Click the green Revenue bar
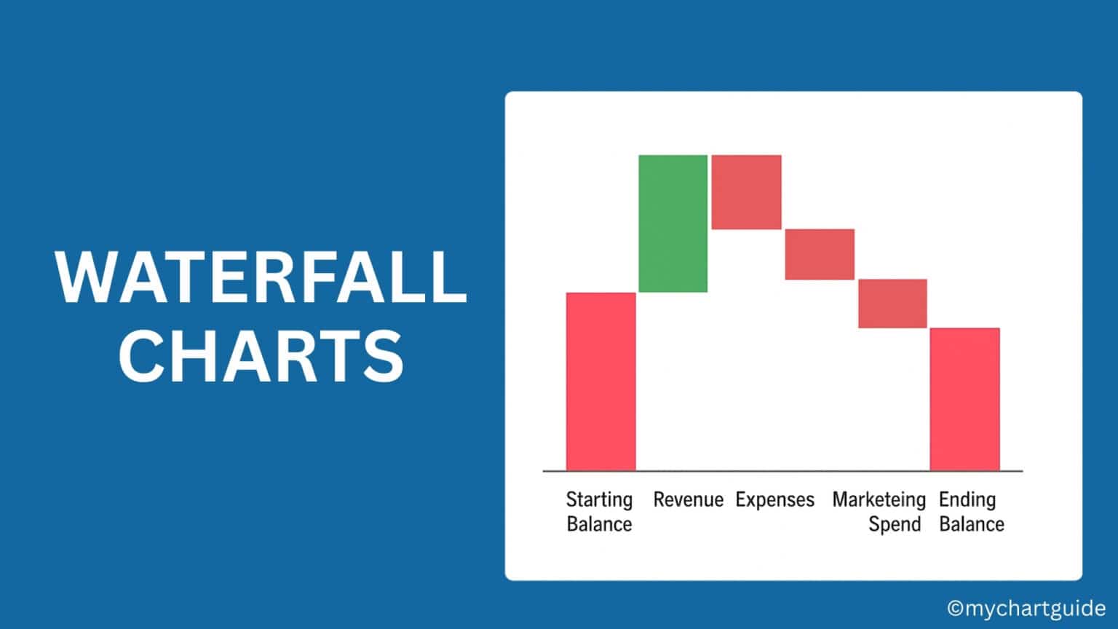coord(673,223)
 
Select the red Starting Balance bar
coord(600,381)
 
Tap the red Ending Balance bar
coord(964,399)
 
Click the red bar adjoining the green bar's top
coord(746,191)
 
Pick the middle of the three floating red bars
coord(819,254)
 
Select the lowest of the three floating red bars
coord(892,304)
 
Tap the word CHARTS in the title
coord(261,356)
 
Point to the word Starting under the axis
coord(599,500)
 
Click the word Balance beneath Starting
coord(599,524)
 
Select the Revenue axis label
coord(688,500)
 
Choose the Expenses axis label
coord(774,500)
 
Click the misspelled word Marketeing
coord(879,500)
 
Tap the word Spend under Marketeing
coord(895,524)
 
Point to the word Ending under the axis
coord(967,500)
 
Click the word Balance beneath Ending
coord(971,524)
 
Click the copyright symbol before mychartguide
coord(955,608)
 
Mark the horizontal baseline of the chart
coord(782,471)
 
